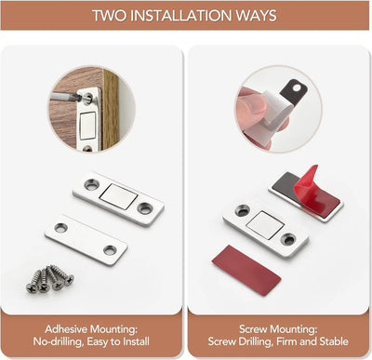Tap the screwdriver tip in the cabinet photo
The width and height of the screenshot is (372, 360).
pos(78,96)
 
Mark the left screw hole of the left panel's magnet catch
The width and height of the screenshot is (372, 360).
pos(90,184)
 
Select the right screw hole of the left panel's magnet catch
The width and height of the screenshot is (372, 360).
pos(146,208)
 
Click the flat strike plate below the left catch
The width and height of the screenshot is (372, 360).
pos(86,238)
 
